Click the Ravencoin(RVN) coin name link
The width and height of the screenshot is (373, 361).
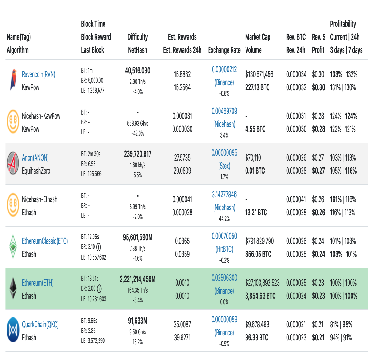(x=39, y=74)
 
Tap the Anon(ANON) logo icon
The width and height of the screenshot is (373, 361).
(x=13, y=163)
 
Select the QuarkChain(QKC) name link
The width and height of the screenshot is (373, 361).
(x=40, y=325)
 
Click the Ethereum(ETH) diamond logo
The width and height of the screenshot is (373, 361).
(x=13, y=288)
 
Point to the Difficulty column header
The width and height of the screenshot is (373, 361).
(x=138, y=37)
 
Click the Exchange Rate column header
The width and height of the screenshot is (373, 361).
(x=224, y=50)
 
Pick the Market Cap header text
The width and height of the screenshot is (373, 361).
(x=258, y=37)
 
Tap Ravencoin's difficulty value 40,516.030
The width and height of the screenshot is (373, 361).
(x=138, y=71)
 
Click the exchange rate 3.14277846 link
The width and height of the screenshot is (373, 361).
(x=224, y=195)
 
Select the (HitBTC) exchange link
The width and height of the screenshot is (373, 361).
(x=224, y=249)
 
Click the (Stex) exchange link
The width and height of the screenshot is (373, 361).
(x=224, y=166)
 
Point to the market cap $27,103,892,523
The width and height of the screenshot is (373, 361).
(x=262, y=283)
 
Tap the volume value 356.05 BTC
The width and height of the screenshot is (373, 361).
(x=258, y=254)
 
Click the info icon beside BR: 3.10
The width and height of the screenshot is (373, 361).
(x=99, y=247)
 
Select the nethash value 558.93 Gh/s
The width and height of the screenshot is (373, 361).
(x=138, y=124)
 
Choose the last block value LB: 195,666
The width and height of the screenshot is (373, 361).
(x=91, y=174)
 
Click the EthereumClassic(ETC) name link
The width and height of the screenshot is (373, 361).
(x=45, y=241)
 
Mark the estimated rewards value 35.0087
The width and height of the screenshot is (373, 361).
(x=182, y=325)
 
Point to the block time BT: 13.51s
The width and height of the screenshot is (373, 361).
(x=90, y=278)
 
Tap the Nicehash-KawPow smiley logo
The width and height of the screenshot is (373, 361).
(x=13, y=121)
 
